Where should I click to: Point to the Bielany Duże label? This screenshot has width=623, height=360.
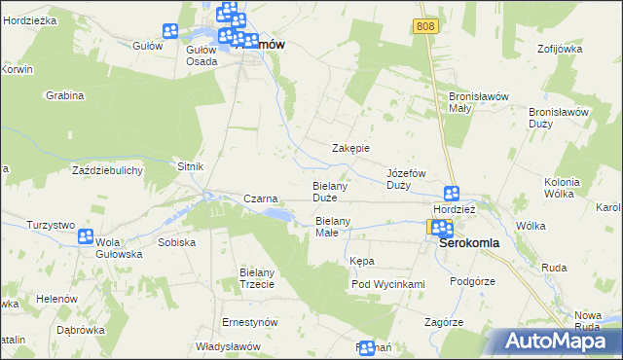pos(331,191)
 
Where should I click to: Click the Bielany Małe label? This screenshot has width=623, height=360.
pos(338,227)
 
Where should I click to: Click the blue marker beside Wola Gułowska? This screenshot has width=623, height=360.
pos(85,235)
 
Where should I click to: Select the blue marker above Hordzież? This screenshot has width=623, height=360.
pos(452,194)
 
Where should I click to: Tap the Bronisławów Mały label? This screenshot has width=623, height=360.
pos(473,102)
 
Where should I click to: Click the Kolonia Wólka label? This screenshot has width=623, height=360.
pos(562,188)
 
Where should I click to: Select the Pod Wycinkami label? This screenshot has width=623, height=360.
pos(388,284)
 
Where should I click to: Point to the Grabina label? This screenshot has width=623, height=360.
pos(65,96)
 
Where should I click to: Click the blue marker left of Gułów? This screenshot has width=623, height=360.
pos(171,31)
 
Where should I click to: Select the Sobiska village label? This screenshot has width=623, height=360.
pos(176,242)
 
